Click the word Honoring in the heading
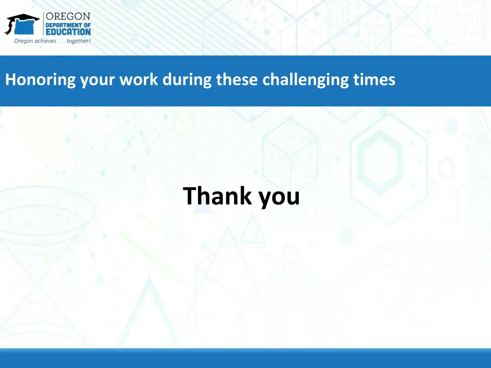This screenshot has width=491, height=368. [40, 80]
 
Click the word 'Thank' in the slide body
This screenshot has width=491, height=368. [217, 196]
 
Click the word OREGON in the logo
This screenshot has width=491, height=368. [68, 17]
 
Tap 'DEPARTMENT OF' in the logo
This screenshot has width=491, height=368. [68, 25]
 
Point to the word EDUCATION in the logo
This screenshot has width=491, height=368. [68, 32]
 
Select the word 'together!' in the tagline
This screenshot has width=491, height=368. [78, 41]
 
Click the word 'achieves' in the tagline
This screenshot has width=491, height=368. [44, 41]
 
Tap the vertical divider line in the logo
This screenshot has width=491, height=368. [43, 24]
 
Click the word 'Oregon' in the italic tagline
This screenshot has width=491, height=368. [23, 41]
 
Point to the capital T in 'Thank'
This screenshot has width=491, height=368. [189, 195]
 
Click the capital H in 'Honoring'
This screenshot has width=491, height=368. [10, 79]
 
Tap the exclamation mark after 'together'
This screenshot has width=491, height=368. [89, 40]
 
